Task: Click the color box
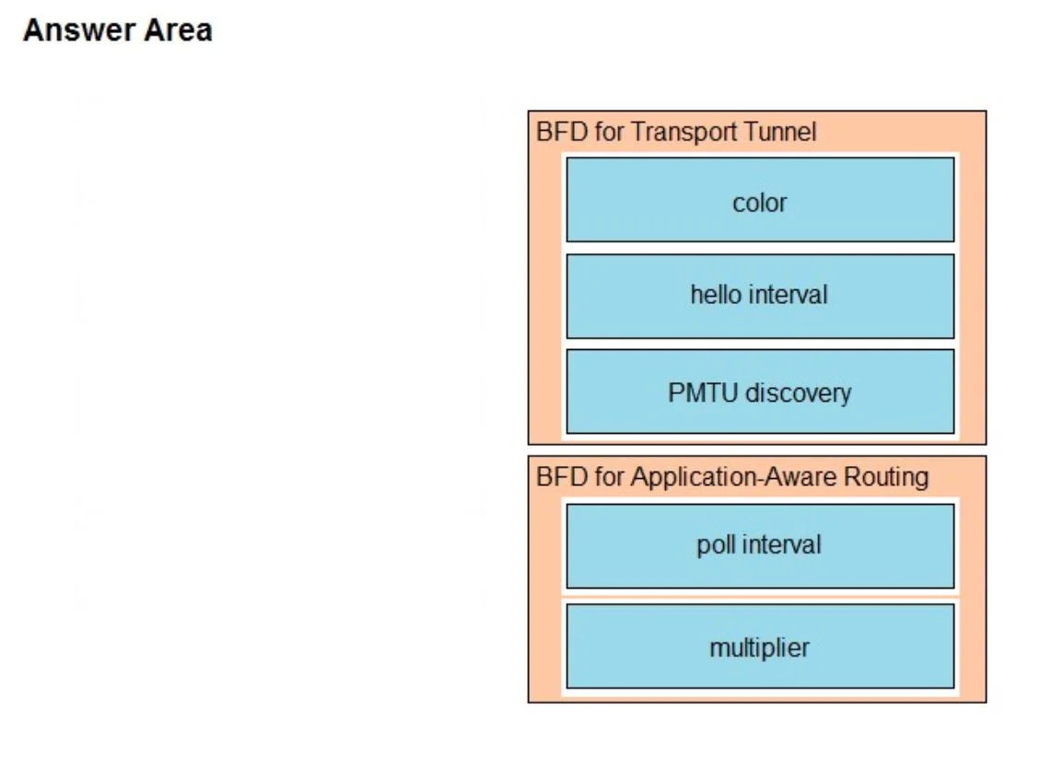760,200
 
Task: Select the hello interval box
760,296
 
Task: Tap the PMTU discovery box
760,391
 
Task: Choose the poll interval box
760,546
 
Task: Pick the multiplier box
760,646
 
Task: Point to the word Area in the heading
178,30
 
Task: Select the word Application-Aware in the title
734,477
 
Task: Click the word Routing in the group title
886,477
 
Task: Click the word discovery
799,393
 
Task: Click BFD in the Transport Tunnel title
562,132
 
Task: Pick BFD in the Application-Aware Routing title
562,477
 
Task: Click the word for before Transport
609,132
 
